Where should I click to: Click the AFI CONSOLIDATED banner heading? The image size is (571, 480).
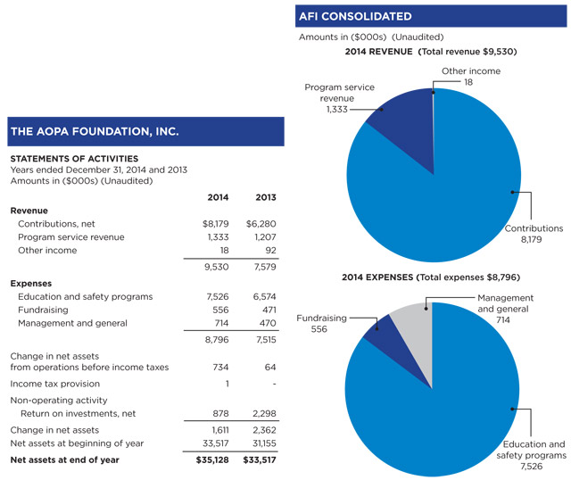click(x=354, y=16)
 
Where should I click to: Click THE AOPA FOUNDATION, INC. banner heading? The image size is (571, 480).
click(x=95, y=131)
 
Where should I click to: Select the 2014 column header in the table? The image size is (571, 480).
click(x=218, y=196)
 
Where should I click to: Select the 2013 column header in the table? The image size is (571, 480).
click(x=265, y=196)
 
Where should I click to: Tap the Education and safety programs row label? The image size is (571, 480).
click(x=85, y=296)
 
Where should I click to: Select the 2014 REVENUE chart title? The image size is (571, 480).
click(x=430, y=52)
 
